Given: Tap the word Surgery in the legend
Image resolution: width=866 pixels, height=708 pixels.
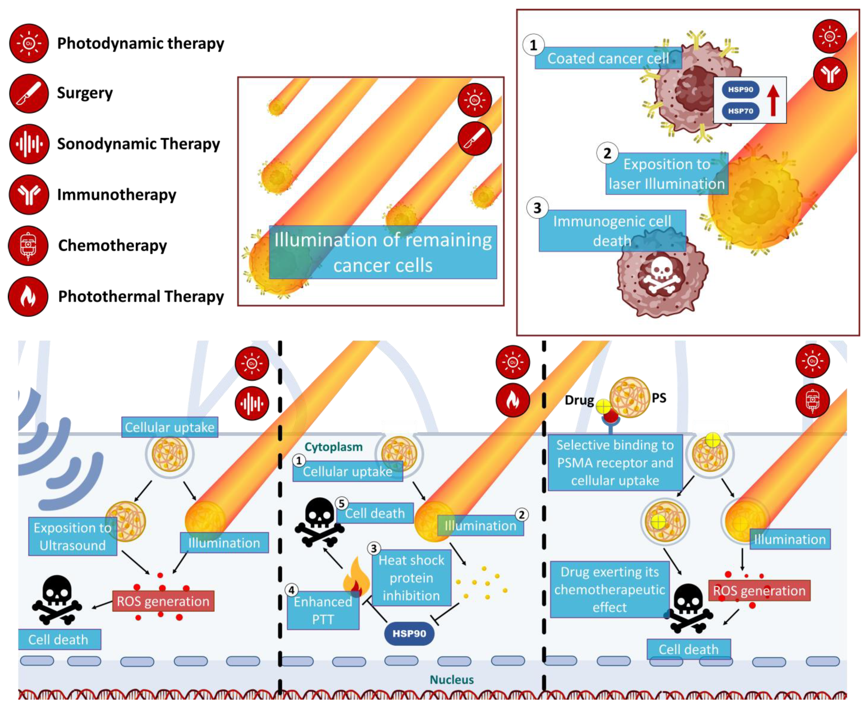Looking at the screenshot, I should pos(85,93).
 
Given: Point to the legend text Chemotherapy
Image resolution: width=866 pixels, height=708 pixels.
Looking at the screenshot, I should pos(113,245).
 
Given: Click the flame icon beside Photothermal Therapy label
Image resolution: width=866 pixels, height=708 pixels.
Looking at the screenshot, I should pos(28,297).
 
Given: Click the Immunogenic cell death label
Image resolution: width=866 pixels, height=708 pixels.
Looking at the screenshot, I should pos(612,231).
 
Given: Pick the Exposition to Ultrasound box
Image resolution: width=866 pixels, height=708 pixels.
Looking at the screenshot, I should pos(73,536).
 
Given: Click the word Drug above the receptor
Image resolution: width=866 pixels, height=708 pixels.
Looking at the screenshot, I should pos(579,400).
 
